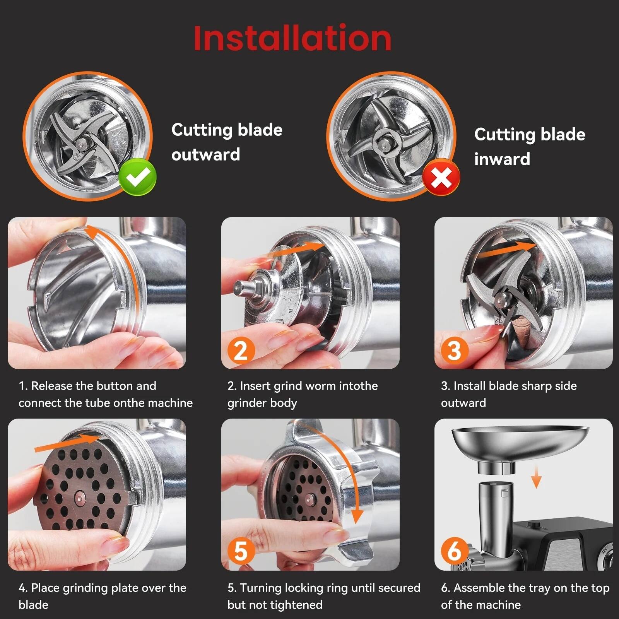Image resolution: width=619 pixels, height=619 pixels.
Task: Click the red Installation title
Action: point(292,38)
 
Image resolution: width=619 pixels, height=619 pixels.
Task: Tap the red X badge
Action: point(441,179)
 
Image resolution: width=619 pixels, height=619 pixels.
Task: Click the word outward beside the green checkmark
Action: point(206,155)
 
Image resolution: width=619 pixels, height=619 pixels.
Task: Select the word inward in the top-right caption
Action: point(502,159)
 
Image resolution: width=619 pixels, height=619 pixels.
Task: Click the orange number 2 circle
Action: point(241,350)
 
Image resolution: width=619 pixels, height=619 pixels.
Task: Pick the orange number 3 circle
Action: point(454,350)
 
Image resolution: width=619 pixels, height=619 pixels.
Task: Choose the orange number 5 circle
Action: point(241,551)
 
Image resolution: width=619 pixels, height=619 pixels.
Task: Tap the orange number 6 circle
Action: point(454,551)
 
